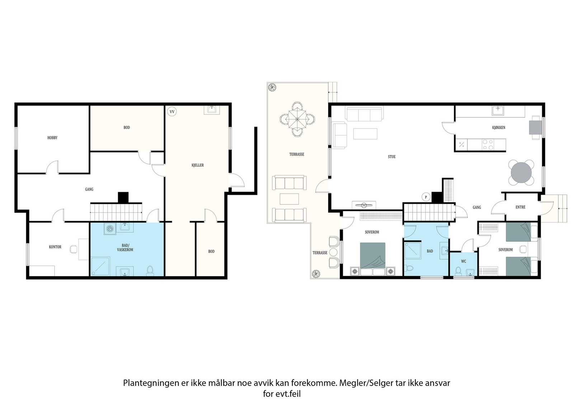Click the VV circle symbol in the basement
point(172,112)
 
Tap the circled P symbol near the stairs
point(426,197)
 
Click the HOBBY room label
point(52,138)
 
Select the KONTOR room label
point(55,247)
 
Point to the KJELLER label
point(198,165)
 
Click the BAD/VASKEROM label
point(125,248)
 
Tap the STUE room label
point(391,157)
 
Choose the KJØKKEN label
point(499,128)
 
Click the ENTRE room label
point(521,207)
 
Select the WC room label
point(464,261)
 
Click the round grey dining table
point(521,173)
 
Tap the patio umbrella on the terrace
point(297,119)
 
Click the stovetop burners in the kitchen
point(488,145)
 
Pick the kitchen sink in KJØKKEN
point(498,111)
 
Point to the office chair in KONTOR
point(74,249)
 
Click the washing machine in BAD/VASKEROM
point(110,229)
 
